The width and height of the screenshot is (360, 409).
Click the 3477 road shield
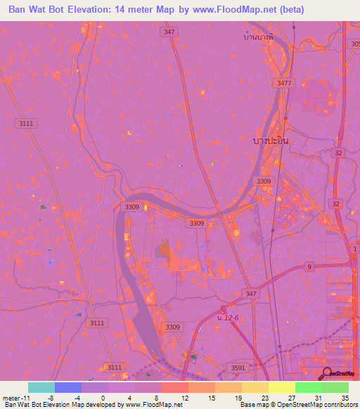tap(284, 83)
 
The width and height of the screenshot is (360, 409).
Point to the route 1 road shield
tap(355, 249)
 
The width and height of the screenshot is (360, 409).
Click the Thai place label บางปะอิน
tap(271, 141)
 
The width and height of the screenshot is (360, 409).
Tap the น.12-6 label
tap(228, 318)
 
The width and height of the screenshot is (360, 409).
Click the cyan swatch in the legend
tap(41, 387)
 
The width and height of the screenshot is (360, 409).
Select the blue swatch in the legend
tap(67, 387)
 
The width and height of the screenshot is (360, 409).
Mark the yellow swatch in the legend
tap(281, 387)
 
